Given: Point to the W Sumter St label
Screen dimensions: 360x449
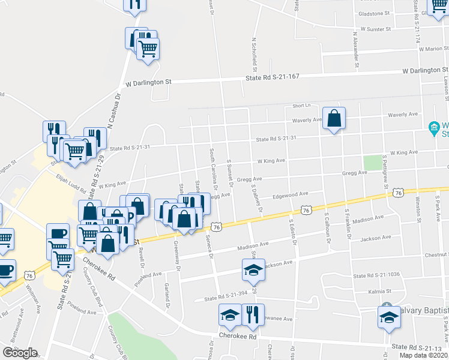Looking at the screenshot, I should point(376,29).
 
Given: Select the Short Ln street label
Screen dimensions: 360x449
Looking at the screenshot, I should point(301,106).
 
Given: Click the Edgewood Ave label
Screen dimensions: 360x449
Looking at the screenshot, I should point(290,194).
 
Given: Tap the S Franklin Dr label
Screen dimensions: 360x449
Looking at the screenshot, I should point(348,224).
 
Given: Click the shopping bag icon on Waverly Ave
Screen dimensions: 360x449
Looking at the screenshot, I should point(334,118).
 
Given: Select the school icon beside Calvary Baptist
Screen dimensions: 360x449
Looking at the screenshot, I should point(389,316).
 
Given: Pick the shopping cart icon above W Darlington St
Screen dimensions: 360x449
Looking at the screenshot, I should point(148,47).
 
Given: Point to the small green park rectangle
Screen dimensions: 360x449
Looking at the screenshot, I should point(373,163).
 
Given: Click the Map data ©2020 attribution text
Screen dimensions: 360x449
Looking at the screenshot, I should point(423,355).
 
